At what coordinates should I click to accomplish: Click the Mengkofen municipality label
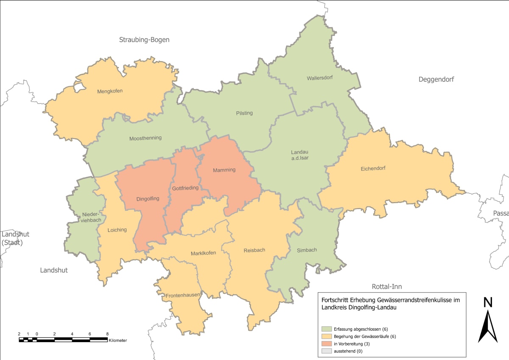tap(110, 91)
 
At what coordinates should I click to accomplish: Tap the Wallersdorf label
tap(319, 78)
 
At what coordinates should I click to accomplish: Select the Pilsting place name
tap(244, 113)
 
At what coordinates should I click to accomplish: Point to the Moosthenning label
tap(145, 138)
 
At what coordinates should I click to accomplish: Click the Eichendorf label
tap(373, 168)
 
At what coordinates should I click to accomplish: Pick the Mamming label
tap(224, 170)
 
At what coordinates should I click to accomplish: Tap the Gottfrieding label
tap(185, 188)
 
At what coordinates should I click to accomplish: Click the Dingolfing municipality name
tap(148, 198)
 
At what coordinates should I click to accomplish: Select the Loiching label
tap(117, 230)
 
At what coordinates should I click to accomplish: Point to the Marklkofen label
tap(203, 253)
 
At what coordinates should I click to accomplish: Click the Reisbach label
tap(255, 250)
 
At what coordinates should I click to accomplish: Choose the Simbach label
tap(307, 250)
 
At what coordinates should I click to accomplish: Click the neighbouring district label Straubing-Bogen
tap(144, 40)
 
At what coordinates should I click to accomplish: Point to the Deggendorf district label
tap(436, 79)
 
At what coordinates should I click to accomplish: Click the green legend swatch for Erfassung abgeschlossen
tap(327, 329)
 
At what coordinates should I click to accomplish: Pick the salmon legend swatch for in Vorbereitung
tap(327, 343)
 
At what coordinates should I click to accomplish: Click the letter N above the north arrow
tap(488, 302)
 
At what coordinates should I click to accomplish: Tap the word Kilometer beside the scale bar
tap(117, 340)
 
